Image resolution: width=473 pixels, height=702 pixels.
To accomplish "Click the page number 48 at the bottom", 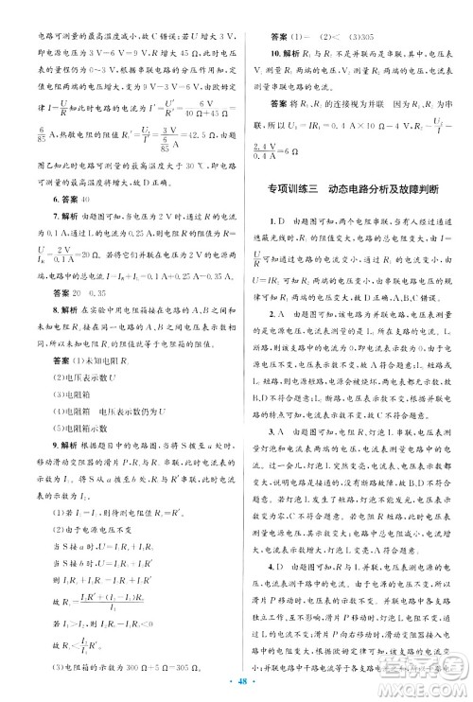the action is click(x=236, y=683).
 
